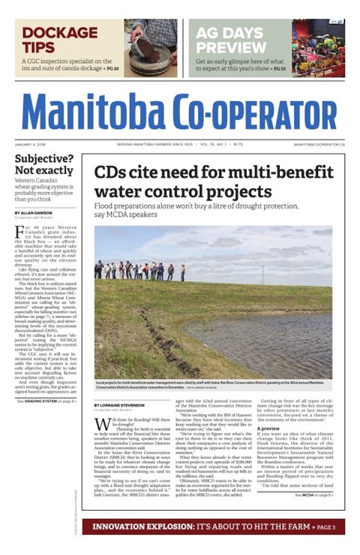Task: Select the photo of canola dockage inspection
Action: (151, 47)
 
